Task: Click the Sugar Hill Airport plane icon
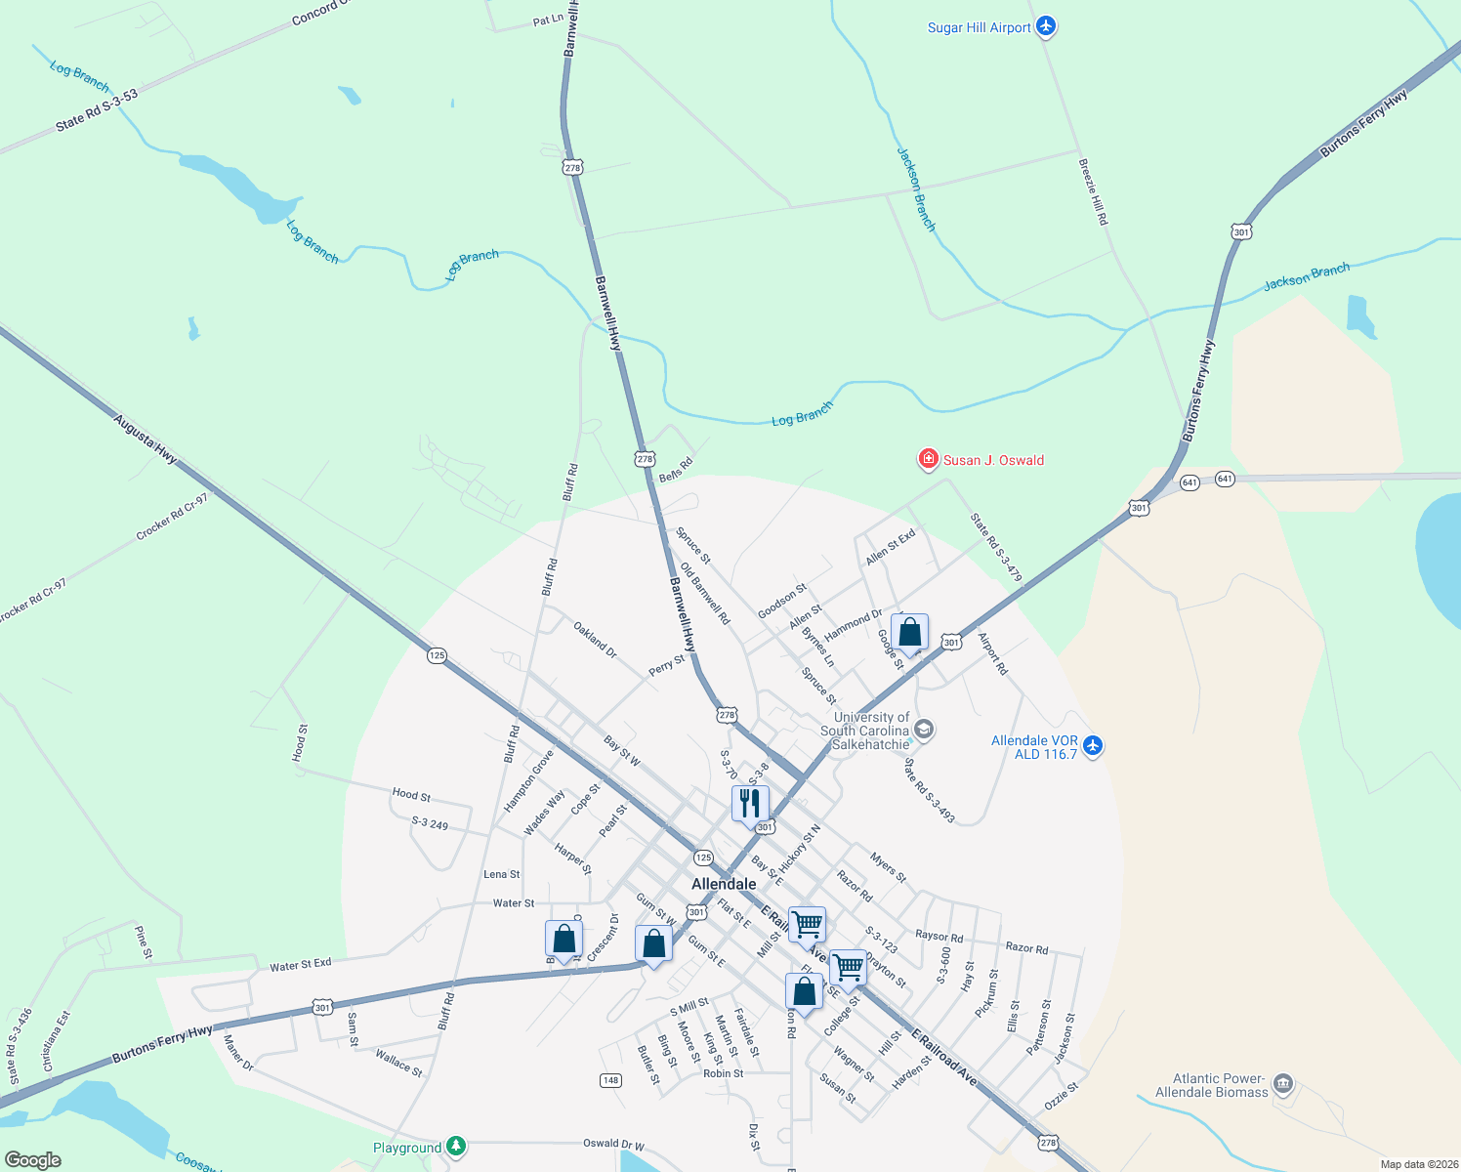coord(1046,26)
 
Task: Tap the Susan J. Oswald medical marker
coord(928,459)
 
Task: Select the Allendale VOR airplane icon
coord(1092,746)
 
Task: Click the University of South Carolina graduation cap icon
coord(924,730)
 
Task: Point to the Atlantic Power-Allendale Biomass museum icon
coord(1283,1083)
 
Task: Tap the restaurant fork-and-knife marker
coord(749,804)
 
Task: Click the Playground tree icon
coord(455,1147)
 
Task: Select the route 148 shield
coord(610,1079)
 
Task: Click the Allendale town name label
coord(724,884)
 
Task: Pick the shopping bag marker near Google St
coord(909,633)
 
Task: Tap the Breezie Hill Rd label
coord(1093,191)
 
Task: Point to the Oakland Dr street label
coord(595,640)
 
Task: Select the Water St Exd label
coord(301,965)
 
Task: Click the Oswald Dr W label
coord(613,1143)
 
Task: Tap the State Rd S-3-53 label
coord(97,109)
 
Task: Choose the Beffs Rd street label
coord(676,469)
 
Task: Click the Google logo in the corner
coord(33,1159)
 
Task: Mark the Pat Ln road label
coord(548,20)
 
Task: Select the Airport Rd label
coord(992,654)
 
